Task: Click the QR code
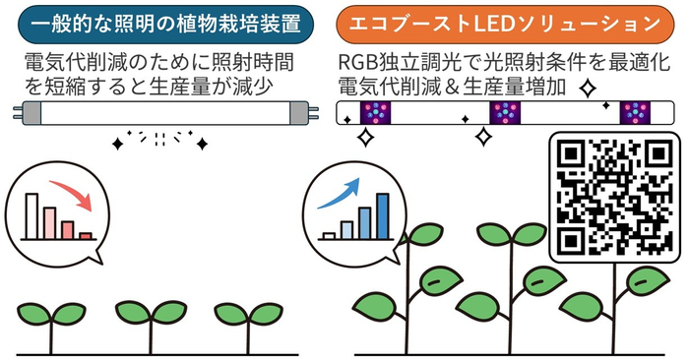point(613,197)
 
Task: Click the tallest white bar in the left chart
point(31,215)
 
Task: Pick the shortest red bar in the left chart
point(86,236)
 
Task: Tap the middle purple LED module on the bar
point(504,113)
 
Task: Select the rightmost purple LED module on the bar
point(634,113)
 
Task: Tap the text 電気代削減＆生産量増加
point(454,87)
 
